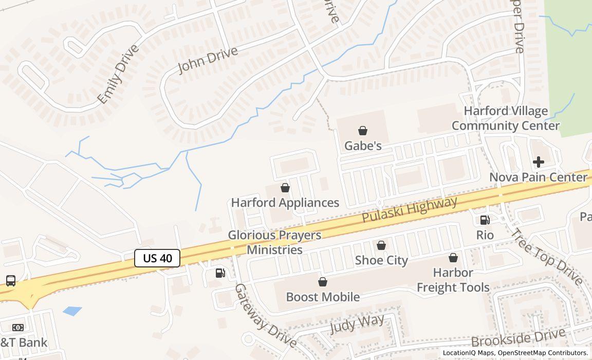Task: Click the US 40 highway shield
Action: click(157, 258)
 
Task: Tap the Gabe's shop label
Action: click(363, 146)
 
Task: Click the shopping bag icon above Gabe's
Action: click(363, 131)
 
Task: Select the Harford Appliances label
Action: click(285, 203)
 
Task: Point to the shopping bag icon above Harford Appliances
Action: click(285, 188)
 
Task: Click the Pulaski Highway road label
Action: click(410, 209)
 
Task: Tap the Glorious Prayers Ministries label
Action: click(275, 243)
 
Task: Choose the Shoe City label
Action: click(381, 260)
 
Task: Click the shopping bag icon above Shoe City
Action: click(381, 246)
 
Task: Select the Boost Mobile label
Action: click(323, 297)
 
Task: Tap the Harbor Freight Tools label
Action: click(453, 280)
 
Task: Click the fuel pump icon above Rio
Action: click(485, 220)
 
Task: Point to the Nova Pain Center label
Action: click(538, 177)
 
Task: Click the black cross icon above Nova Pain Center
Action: click(539, 163)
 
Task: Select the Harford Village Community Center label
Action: click(506, 118)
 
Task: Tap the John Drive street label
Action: click(208, 61)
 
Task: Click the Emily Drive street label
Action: click(118, 74)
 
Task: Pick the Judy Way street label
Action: click(357, 324)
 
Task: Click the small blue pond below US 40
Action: click(72, 311)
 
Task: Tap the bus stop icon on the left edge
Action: click(11, 281)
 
